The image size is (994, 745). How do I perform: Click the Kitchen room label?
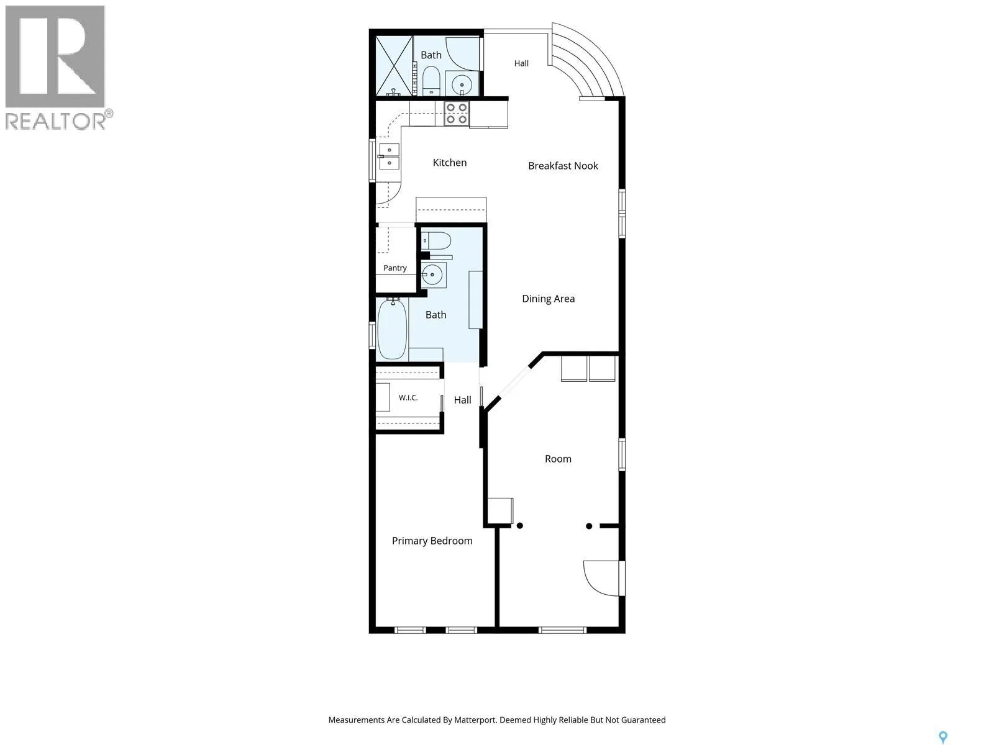tap(449, 163)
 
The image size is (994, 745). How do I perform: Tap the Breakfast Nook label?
tap(563, 166)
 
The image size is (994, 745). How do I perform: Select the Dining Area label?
tap(548, 299)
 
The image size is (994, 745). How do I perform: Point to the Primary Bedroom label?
tap(432, 541)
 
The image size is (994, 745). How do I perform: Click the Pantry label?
tap(395, 268)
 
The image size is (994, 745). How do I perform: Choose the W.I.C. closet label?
tap(408, 397)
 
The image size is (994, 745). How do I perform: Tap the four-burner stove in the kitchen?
tap(457, 113)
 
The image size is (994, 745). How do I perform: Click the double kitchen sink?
tap(389, 156)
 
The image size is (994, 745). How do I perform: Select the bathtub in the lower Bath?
tap(392, 329)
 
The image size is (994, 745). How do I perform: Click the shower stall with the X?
tap(394, 66)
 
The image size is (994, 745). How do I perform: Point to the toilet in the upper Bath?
tap(431, 81)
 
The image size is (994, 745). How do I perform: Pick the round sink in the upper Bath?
tap(462, 84)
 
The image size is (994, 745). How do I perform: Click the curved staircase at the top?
tap(586, 60)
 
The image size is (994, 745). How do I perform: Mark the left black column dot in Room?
tap(520, 526)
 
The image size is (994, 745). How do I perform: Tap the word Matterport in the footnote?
tap(475, 720)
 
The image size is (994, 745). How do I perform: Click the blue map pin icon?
tap(943, 725)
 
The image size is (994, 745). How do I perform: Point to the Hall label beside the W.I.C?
tap(462, 400)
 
